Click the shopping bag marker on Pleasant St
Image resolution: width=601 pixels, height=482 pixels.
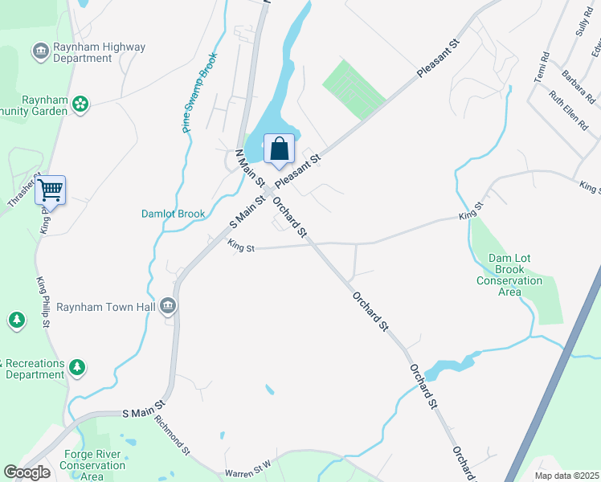(279, 149)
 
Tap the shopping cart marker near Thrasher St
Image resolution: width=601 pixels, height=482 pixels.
(50, 190)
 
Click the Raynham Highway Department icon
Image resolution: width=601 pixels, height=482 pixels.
(39, 52)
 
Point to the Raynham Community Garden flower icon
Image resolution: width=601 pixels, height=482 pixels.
(80, 103)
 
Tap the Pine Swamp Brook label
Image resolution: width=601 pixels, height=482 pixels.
(198, 93)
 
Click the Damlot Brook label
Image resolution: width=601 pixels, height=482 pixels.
(174, 214)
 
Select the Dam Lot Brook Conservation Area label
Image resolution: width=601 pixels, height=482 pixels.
(509, 275)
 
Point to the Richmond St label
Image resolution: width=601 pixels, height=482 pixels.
(172, 435)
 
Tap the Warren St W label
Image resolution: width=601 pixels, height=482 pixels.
(250, 473)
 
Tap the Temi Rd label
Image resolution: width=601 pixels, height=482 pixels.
(541, 67)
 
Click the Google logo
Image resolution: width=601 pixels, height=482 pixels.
(27, 472)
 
